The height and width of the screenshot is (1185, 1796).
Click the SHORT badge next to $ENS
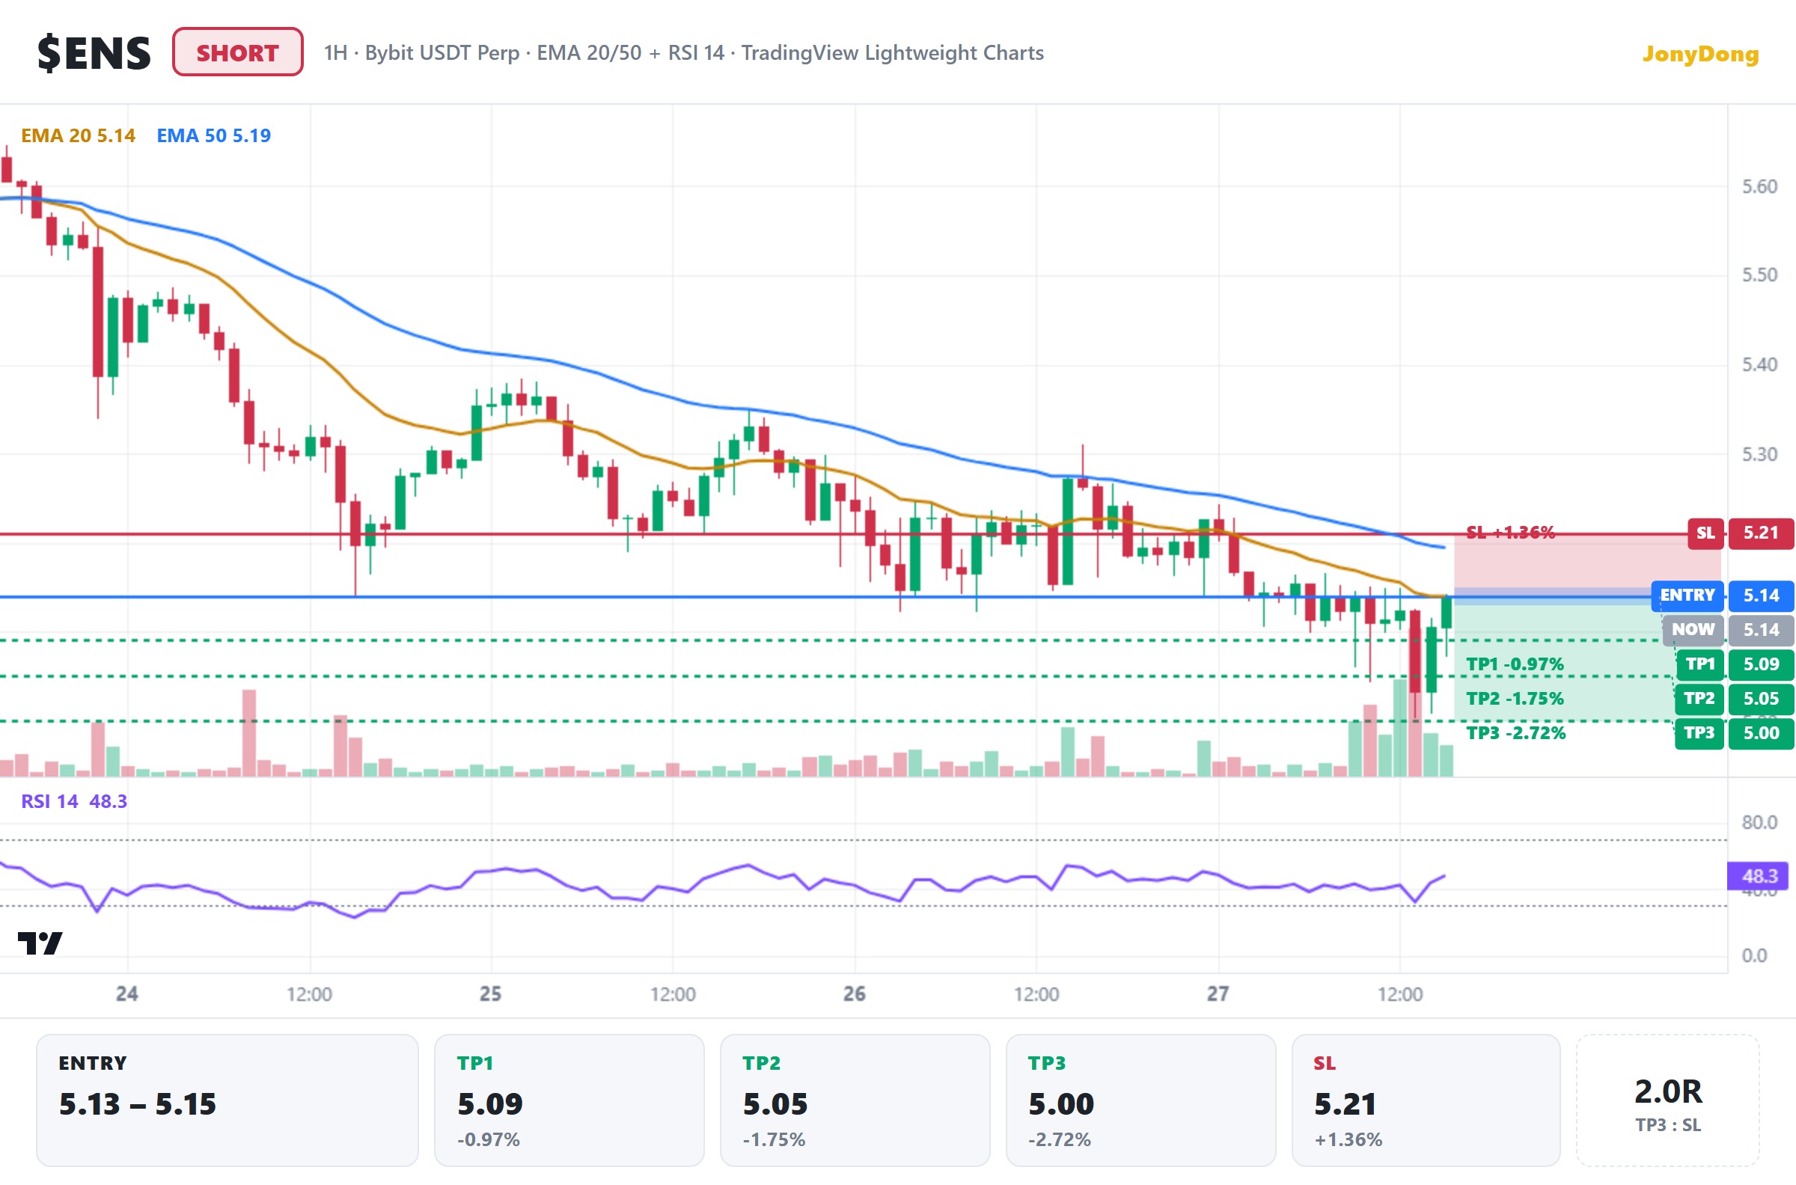237,52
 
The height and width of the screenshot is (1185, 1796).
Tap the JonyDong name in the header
1700,54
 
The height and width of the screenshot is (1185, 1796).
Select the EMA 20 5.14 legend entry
78,135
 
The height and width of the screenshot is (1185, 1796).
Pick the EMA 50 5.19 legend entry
213,135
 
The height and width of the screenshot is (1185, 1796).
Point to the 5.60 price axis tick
1759,187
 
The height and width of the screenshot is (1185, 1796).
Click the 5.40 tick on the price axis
1759,365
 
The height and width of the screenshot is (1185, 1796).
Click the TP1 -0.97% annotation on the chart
1515,664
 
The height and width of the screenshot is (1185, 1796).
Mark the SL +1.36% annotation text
1510,532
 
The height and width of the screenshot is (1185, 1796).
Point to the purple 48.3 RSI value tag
1758,876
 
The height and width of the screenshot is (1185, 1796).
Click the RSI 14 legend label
50,801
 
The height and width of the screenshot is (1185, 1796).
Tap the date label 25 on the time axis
491,993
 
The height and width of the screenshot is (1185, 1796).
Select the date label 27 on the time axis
1218,993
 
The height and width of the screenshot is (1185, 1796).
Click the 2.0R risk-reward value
1668,1091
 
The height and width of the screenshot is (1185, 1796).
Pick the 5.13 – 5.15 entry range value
138,1104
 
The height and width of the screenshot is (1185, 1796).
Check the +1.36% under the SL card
1348,1139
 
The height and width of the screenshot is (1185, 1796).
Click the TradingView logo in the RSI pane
40,943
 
